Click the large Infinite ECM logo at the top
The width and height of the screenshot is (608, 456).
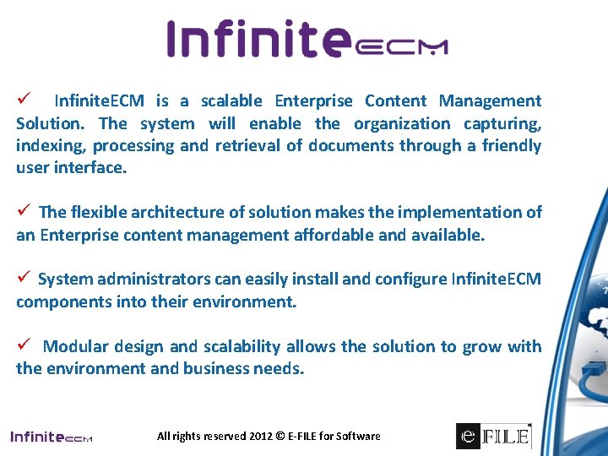tap(307, 40)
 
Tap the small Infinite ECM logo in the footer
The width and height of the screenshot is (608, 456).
tap(51, 437)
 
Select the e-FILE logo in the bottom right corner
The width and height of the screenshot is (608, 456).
tap(494, 435)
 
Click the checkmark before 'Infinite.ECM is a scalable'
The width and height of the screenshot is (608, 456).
tap(24, 100)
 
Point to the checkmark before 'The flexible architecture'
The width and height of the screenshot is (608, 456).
tap(24, 212)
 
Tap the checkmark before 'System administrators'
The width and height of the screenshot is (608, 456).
tap(24, 279)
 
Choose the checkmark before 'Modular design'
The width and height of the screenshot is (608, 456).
tap(24, 346)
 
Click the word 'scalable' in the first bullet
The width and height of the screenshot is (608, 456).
tap(230, 101)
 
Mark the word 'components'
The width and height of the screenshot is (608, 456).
tap(58, 301)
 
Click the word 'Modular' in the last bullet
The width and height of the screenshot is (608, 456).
tap(73, 346)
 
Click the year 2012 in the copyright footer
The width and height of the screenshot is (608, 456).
tap(260, 437)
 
